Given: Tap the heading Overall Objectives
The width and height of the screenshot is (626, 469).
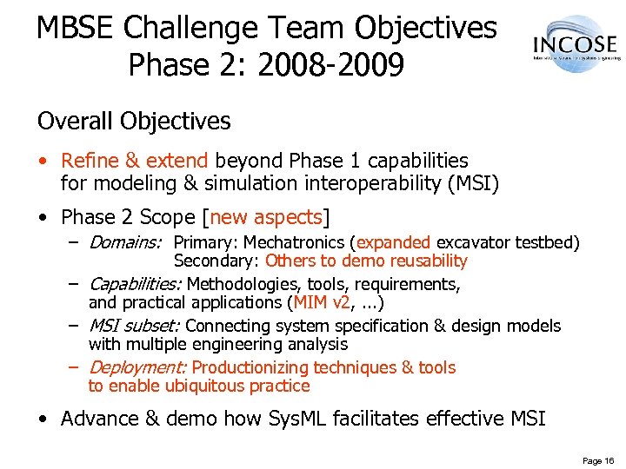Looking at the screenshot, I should click(x=134, y=121).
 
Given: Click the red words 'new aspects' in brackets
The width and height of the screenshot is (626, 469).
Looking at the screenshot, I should click(x=267, y=215).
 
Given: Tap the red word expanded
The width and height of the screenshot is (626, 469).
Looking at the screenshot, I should click(x=393, y=242).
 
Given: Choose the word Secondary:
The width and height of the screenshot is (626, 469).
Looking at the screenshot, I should click(x=216, y=261).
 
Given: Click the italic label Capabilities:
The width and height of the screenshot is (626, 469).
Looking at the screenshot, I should click(x=136, y=284).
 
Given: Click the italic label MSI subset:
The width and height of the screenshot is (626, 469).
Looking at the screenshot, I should click(x=135, y=326).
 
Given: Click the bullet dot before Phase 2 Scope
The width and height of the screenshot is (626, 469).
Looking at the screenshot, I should click(x=43, y=216).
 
